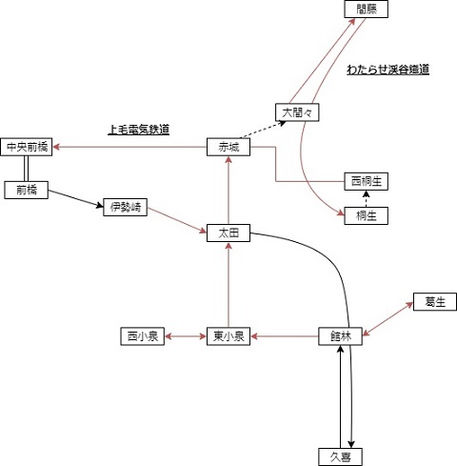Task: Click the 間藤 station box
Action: click(x=367, y=9)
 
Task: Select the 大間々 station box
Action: click(x=297, y=112)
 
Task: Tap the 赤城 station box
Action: click(x=228, y=147)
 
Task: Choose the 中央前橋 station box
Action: click(x=27, y=147)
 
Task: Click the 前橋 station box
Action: click(x=27, y=190)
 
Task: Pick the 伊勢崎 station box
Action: click(x=126, y=207)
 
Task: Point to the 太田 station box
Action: click(x=228, y=233)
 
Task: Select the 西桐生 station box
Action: click(x=367, y=181)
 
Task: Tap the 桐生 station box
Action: click(x=367, y=215)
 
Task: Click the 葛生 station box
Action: click(x=435, y=301)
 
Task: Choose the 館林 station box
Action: click(x=340, y=336)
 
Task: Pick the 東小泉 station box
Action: click(x=228, y=336)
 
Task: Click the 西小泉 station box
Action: click(x=143, y=336)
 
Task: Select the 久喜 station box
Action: click(x=340, y=456)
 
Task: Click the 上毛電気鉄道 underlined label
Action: click(x=138, y=130)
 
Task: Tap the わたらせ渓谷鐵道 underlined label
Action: click(x=387, y=70)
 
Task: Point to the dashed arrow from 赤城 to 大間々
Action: click(x=263, y=130)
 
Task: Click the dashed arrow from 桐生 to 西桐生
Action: click(x=367, y=198)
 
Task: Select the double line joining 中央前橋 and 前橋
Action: click(x=27, y=169)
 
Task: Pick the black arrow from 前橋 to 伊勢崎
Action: click(x=76, y=199)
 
